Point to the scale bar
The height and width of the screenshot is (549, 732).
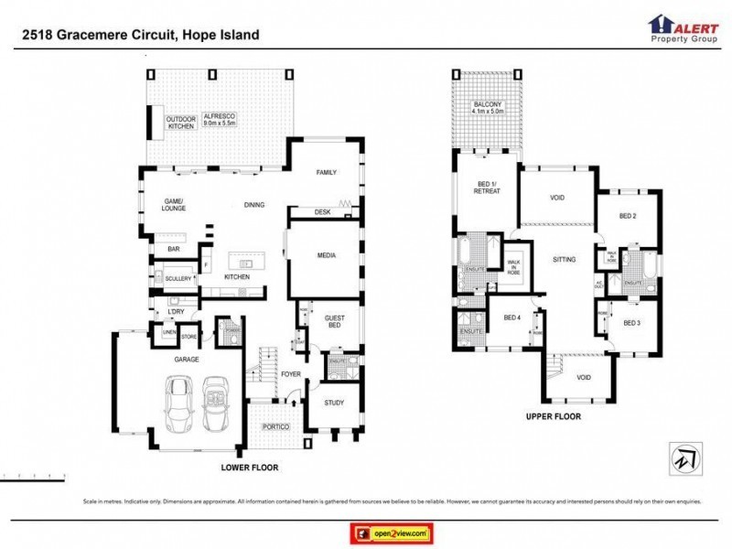[x=34, y=477]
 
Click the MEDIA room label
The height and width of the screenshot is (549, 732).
[x=327, y=255]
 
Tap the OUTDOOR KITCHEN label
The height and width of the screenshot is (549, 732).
[x=181, y=124]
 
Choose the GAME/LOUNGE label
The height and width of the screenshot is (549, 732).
[x=174, y=204]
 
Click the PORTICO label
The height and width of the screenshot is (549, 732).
[x=275, y=427]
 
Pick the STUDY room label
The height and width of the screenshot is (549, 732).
[x=334, y=402]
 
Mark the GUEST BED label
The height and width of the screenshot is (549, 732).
[x=335, y=322]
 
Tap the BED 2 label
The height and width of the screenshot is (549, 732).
[x=627, y=216]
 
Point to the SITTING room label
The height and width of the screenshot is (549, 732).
[x=565, y=260]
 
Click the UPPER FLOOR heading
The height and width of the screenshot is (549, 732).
[x=553, y=416]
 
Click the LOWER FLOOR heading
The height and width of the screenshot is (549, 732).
[x=250, y=468]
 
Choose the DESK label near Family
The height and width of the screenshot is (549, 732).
[x=321, y=212]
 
